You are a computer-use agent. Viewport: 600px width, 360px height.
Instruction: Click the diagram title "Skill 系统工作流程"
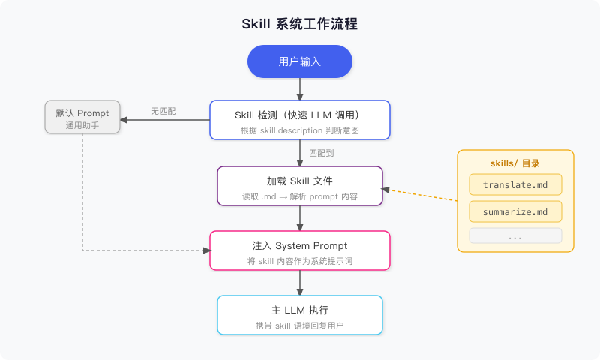[x=299, y=24]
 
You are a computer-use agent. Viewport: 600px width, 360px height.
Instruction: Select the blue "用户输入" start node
[x=299, y=61]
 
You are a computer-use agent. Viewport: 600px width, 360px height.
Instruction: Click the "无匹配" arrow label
[x=163, y=111]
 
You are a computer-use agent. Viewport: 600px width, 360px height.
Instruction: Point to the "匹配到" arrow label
[x=322, y=153]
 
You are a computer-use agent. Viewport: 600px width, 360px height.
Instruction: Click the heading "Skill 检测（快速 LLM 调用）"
[x=299, y=115]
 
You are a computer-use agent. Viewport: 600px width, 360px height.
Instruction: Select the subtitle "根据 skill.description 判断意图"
[x=299, y=130]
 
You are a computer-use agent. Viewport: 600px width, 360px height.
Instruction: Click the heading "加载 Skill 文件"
[x=299, y=181]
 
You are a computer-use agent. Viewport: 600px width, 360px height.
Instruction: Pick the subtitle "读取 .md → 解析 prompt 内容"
[x=299, y=196]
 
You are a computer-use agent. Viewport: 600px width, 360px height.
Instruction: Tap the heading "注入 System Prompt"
[x=299, y=245]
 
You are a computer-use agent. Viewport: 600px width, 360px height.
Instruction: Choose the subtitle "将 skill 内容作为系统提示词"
[x=299, y=261]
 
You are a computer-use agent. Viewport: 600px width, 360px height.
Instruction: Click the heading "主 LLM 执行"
[x=299, y=310]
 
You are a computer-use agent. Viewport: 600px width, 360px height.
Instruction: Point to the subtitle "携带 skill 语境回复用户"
[x=299, y=325]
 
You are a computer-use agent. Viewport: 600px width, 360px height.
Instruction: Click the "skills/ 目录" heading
[x=515, y=163]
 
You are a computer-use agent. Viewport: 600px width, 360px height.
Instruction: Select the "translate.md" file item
[x=515, y=185]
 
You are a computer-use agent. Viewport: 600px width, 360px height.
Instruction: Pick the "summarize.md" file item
[x=515, y=211]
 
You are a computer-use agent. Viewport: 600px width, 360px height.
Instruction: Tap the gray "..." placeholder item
[x=515, y=236]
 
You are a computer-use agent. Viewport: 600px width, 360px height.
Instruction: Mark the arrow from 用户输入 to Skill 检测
[x=300, y=88]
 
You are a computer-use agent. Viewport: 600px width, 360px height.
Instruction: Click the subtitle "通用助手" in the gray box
[x=82, y=125]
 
